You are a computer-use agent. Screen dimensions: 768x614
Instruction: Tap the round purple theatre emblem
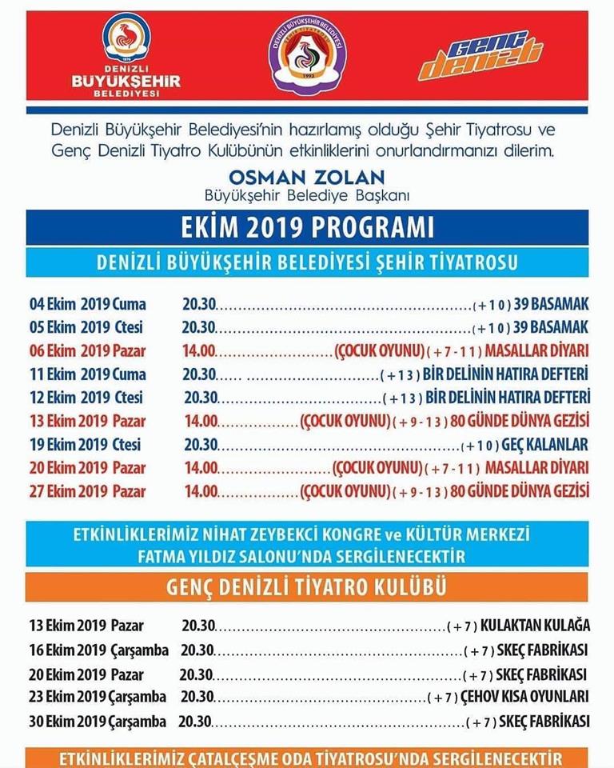pos(307,55)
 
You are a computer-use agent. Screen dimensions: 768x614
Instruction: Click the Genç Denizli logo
pos(481,56)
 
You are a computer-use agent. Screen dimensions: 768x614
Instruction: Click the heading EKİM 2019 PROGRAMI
pos(307,227)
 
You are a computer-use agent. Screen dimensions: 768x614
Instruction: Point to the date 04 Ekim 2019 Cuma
pos(88,304)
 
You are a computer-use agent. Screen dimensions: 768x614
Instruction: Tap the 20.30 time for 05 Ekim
pos(198,327)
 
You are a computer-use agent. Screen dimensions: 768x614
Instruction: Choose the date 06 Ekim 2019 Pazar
pos(88,350)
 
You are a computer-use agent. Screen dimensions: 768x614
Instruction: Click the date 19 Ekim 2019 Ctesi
pos(86,444)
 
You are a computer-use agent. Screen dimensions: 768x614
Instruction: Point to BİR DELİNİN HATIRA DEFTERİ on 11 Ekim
pos(507,374)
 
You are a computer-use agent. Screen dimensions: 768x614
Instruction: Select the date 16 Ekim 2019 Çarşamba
pos(99,650)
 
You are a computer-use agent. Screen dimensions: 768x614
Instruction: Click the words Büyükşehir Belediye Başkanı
pos(306,194)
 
